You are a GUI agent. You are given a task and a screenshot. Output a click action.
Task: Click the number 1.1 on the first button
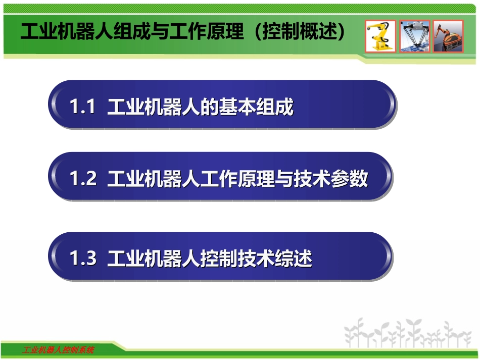tap(82, 108)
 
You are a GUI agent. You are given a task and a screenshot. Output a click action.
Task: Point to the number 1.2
tap(82, 179)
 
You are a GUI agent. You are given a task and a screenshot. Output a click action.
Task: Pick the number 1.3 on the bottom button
tap(82, 259)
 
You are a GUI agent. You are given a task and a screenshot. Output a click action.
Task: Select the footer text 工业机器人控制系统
tap(59, 350)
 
